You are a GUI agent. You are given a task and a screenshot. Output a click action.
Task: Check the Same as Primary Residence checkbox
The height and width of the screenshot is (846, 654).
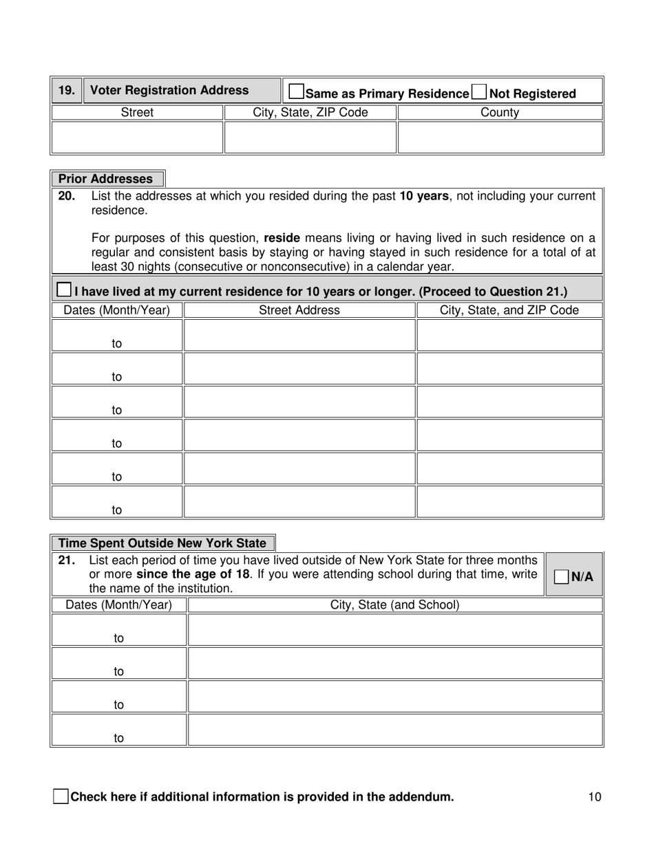(297, 91)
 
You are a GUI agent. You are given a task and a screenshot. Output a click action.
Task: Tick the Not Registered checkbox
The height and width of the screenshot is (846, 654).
(479, 91)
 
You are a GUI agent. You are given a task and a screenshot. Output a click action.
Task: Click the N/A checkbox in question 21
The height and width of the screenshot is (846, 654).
(562, 577)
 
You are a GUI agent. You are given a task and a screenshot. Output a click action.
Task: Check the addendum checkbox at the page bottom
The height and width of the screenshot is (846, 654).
(61, 797)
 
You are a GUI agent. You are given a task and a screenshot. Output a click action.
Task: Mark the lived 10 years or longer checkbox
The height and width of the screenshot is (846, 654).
(63, 290)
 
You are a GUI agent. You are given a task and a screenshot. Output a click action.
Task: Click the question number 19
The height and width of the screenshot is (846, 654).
(67, 90)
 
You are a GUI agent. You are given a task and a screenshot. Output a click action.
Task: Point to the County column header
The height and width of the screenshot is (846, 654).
(500, 113)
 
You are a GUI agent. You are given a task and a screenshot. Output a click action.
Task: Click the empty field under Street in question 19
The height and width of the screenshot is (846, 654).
(138, 138)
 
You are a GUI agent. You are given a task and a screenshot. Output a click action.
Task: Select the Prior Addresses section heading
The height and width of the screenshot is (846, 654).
(106, 179)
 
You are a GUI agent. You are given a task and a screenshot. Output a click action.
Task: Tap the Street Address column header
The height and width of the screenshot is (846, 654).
(299, 310)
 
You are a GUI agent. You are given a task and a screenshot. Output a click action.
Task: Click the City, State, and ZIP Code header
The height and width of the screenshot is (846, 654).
(509, 310)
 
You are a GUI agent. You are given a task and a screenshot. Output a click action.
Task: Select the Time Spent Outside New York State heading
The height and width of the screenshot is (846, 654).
(162, 543)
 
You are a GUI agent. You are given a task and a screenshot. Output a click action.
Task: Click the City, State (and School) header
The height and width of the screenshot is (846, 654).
(395, 605)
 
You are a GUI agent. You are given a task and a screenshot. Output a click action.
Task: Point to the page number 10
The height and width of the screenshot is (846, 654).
(595, 797)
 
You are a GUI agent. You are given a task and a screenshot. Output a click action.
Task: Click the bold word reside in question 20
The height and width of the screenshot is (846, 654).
(282, 238)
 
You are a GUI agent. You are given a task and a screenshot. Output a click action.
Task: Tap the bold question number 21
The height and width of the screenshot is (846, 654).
(67, 561)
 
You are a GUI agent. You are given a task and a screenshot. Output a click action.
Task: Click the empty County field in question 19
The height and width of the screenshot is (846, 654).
(500, 138)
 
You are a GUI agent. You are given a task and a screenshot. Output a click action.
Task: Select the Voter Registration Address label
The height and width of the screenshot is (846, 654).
(170, 90)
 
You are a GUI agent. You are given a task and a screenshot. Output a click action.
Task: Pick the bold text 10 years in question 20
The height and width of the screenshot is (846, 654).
(425, 196)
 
